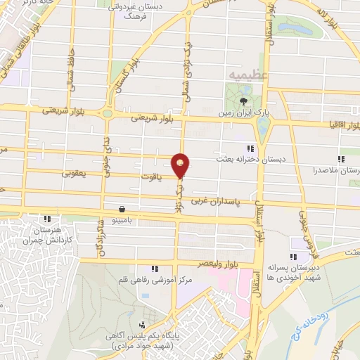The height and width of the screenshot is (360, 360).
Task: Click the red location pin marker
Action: pos(181,165)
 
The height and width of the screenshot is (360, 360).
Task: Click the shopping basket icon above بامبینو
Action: pos(123,210)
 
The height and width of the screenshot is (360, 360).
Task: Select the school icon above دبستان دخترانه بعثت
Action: pos(250,148)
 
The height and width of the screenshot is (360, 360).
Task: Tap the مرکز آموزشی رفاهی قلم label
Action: pos(153,280)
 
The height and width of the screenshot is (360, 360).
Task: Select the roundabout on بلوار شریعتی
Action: pos(108,112)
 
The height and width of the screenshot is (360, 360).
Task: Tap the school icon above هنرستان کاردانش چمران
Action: pos(47,219)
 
